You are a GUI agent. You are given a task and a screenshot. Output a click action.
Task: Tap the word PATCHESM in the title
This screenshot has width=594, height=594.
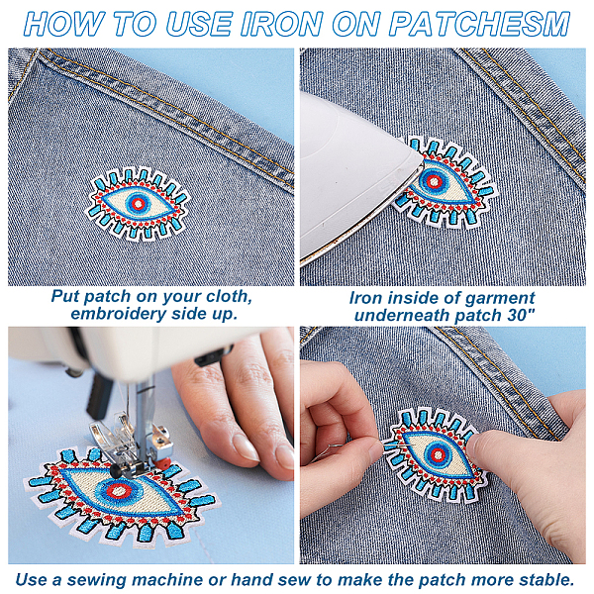tap(479, 24)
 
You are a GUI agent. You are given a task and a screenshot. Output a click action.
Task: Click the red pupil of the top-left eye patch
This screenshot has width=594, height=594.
tap(139, 203)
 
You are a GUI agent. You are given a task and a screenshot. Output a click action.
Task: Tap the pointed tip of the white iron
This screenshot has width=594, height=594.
tap(421, 162)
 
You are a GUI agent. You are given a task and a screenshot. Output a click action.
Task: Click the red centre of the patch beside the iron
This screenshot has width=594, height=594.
tap(434, 181)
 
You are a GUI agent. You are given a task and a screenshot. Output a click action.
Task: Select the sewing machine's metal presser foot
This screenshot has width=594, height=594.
tap(130, 447)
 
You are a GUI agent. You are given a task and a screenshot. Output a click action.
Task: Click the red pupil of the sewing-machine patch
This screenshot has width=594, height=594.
tap(118, 492)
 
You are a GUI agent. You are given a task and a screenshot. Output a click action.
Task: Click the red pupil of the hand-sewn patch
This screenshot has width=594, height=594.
tap(438, 453)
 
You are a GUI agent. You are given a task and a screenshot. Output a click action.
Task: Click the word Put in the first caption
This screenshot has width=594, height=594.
tap(66, 296)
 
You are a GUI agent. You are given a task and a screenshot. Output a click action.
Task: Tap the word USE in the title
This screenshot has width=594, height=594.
tap(200, 24)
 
